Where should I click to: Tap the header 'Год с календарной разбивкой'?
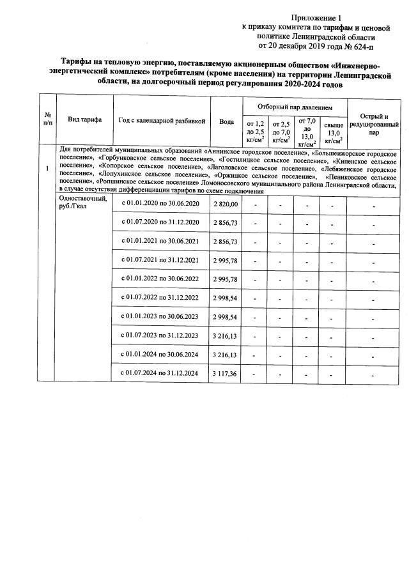click(162, 120)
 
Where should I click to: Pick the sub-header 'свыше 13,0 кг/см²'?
click(333, 133)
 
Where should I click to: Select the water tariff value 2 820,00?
click(225, 203)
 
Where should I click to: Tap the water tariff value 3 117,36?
click(225, 373)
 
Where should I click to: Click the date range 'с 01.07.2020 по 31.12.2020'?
click(161, 222)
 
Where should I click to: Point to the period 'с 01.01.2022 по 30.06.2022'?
click(161, 279)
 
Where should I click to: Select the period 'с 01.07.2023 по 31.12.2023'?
click(161, 335)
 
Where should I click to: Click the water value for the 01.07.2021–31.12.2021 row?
click(225, 260)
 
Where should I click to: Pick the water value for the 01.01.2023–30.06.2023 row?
click(225, 316)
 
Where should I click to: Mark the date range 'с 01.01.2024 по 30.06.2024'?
click(161, 354)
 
